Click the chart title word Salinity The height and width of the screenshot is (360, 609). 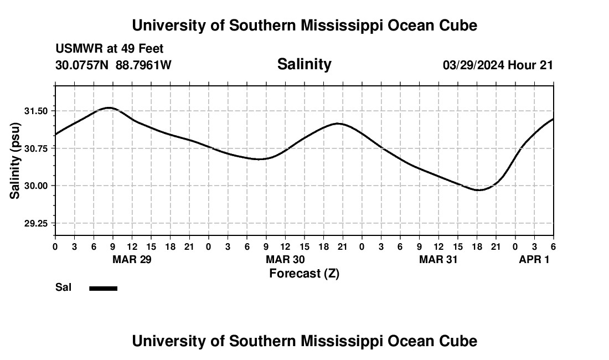tap(304, 64)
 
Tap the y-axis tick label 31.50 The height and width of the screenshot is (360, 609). tap(36, 111)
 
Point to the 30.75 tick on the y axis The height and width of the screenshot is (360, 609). tap(36, 148)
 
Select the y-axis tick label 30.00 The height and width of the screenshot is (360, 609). tap(36, 186)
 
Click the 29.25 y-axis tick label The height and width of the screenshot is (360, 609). tap(36, 223)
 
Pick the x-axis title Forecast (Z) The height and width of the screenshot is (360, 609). tap(304, 274)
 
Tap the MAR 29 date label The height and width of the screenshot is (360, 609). tap(132, 260)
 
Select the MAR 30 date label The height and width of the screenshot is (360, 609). tap(285, 260)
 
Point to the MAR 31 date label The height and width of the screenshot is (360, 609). tap(438, 260)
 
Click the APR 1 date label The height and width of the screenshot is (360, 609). tap(534, 260)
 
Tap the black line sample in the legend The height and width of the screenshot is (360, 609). tap(104, 288)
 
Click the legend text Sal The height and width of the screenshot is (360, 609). tap(63, 287)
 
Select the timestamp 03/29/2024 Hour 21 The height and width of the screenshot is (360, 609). tap(498, 65)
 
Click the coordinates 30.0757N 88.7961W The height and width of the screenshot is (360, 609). tap(113, 65)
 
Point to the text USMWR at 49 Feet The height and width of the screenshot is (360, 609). tap(109, 49)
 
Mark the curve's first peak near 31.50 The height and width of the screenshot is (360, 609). tap(109, 107)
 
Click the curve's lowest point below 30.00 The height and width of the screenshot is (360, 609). tap(479, 190)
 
